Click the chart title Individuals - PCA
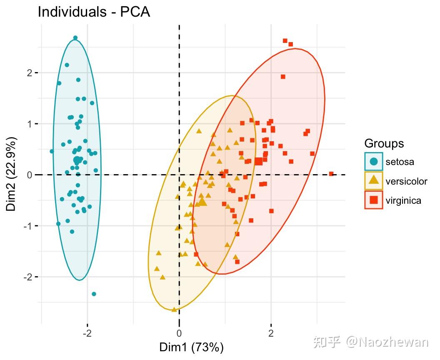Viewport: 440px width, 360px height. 93,12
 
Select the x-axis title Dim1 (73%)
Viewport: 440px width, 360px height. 191,347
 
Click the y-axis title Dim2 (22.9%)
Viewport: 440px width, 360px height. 12,174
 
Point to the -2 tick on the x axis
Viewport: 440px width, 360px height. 87,333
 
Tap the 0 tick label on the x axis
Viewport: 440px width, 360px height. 179,333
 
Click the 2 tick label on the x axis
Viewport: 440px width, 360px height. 271,333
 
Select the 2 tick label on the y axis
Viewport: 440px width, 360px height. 30,73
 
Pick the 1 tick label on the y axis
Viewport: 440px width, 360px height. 30,124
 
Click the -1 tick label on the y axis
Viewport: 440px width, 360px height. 28,226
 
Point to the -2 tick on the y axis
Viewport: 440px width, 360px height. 28,277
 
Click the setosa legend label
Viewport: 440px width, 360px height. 400,162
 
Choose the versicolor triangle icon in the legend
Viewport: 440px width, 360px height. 374,181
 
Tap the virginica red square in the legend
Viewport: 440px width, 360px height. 374,200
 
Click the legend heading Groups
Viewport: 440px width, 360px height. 384,143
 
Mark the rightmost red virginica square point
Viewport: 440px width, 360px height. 331,174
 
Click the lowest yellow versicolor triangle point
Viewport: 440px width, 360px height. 174,309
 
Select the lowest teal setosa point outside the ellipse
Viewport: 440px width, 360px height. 94,294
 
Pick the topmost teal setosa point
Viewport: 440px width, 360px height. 75,38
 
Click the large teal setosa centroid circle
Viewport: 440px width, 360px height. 77,160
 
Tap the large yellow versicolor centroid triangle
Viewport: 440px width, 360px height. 202,202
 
